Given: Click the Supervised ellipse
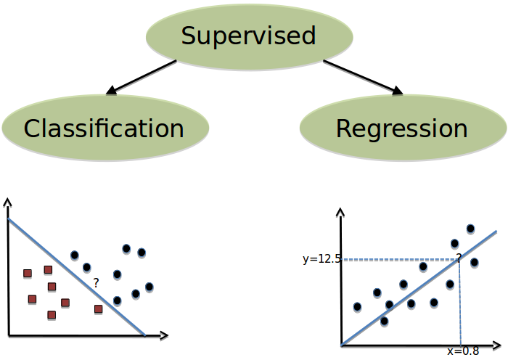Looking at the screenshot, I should click(x=249, y=36).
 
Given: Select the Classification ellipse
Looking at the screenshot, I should click(x=105, y=128).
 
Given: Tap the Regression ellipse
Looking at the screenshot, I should click(x=403, y=128).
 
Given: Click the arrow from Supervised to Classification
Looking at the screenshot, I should click(x=142, y=78).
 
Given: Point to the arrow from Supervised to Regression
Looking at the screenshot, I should click(x=363, y=78).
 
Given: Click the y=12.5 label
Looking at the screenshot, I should click(x=321, y=258).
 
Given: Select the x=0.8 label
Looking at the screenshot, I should click(x=463, y=351).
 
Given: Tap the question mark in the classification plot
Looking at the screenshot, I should click(x=96, y=284).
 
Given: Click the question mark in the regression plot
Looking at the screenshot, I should click(x=459, y=258).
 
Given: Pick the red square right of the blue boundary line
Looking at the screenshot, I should click(x=99, y=309).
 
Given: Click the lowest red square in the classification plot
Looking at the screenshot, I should click(x=52, y=315).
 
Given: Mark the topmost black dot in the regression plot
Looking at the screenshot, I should click(x=470, y=229).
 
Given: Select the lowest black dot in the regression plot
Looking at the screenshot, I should click(x=384, y=321).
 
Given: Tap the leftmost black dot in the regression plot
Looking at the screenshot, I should click(x=357, y=307).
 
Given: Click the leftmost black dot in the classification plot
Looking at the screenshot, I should click(x=74, y=255).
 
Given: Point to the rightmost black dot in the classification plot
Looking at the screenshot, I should click(x=149, y=287).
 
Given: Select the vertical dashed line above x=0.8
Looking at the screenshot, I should click(x=460, y=305).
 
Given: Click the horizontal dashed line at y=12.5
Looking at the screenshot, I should click(x=399, y=259).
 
